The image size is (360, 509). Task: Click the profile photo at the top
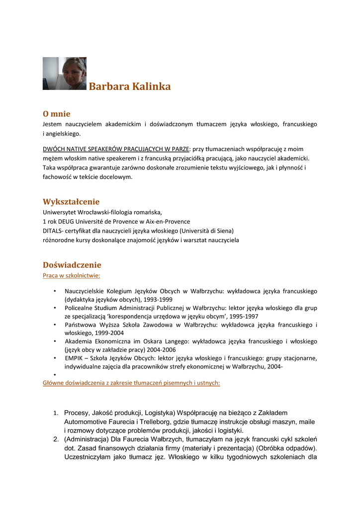[x=65, y=74]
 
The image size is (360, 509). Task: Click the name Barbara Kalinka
[x=130, y=87]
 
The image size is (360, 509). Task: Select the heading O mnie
[x=57, y=114]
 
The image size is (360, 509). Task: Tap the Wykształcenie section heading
[x=71, y=202]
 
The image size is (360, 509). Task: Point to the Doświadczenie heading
[x=72, y=265]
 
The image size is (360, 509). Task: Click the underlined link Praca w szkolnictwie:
[x=72, y=275]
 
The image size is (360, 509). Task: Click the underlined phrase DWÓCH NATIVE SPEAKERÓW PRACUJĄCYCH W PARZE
[x=116, y=149]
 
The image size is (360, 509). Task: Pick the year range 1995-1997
[x=243, y=316]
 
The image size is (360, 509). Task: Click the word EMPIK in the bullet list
[x=74, y=358]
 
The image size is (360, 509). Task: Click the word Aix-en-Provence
[x=164, y=221]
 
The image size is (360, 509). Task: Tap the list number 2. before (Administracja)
[x=56, y=439]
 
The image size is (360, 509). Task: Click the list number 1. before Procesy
[x=56, y=413]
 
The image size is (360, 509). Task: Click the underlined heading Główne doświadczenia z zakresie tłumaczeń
[x=131, y=383]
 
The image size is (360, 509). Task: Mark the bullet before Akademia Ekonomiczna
[x=54, y=341]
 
